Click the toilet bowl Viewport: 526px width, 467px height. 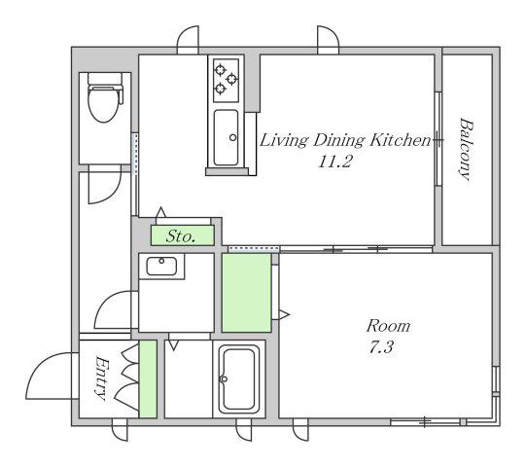(x=104, y=103)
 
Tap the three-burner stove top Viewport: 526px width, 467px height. (x=227, y=81)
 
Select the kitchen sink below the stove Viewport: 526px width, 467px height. (x=227, y=137)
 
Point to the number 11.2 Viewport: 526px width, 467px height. (x=334, y=162)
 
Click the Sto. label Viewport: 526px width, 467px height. (x=181, y=236)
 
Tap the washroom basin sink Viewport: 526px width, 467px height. (x=161, y=267)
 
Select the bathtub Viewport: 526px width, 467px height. (x=239, y=378)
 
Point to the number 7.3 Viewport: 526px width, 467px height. (x=381, y=347)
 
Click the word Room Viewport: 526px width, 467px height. (x=388, y=326)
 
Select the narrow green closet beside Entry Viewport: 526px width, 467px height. (x=148, y=379)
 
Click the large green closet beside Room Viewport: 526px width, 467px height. (x=247, y=293)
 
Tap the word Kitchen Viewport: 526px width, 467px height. (x=400, y=140)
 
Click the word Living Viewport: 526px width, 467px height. (x=283, y=141)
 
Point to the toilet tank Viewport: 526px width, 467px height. (x=105, y=78)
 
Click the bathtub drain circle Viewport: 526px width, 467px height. (x=224, y=379)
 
